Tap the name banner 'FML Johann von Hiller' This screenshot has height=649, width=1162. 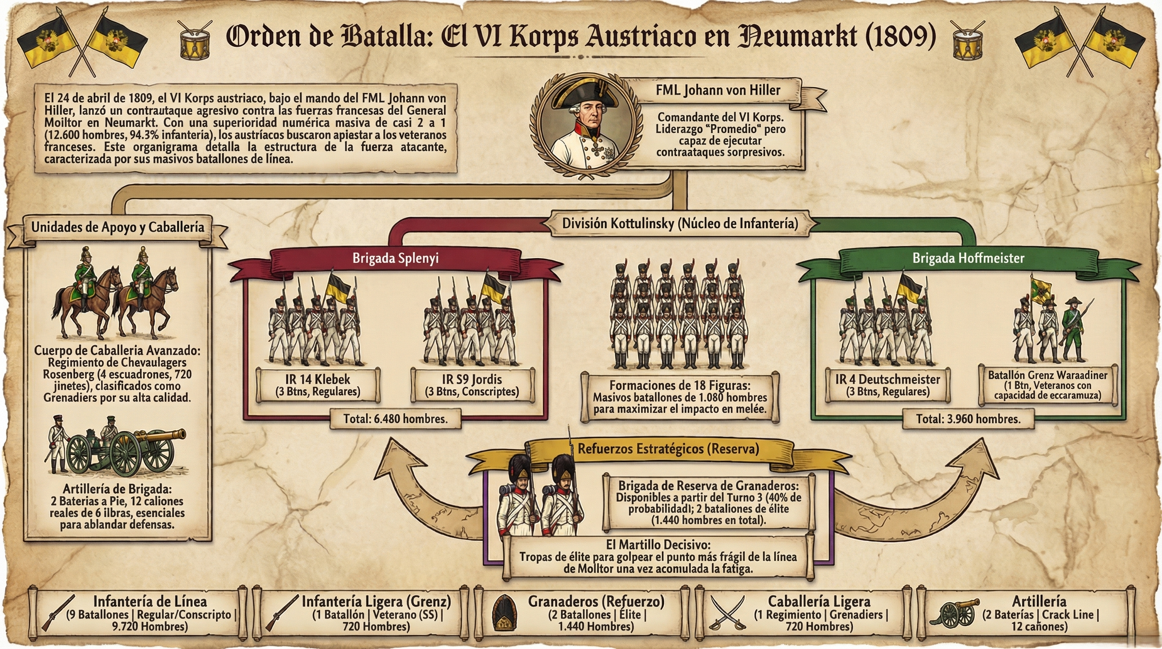[718, 90]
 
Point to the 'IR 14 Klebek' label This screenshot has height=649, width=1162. [318, 385]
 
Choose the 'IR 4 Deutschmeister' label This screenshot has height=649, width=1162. [887, 385]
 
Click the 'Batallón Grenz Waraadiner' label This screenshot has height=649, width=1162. [1047, 385]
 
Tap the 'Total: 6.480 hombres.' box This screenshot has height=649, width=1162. [395, 419]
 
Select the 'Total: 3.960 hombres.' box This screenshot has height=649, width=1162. [968, 419]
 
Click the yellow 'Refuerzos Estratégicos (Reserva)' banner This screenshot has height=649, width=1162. [668, 449]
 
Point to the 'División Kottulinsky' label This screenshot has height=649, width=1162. [680, 224]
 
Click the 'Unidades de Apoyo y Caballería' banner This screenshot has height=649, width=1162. [117, 227]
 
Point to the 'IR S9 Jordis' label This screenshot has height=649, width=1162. [472, 385]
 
